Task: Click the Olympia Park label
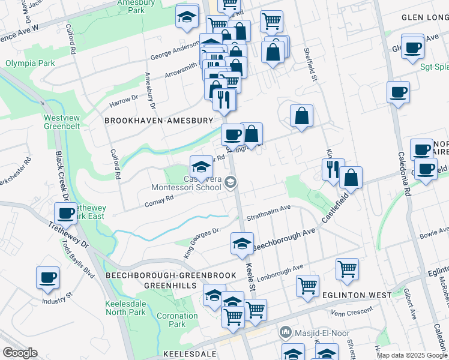[30, 63]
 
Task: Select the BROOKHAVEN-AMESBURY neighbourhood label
[159, 121]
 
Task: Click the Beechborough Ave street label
[284, 239]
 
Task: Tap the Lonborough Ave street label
[280, 274]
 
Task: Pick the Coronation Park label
[176, 320]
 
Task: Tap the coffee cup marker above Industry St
[48, 277]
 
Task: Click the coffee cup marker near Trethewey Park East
[65, 212]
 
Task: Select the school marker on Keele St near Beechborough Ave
[242, 243]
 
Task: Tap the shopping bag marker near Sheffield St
[302, 116]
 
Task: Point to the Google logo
[20, 353]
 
